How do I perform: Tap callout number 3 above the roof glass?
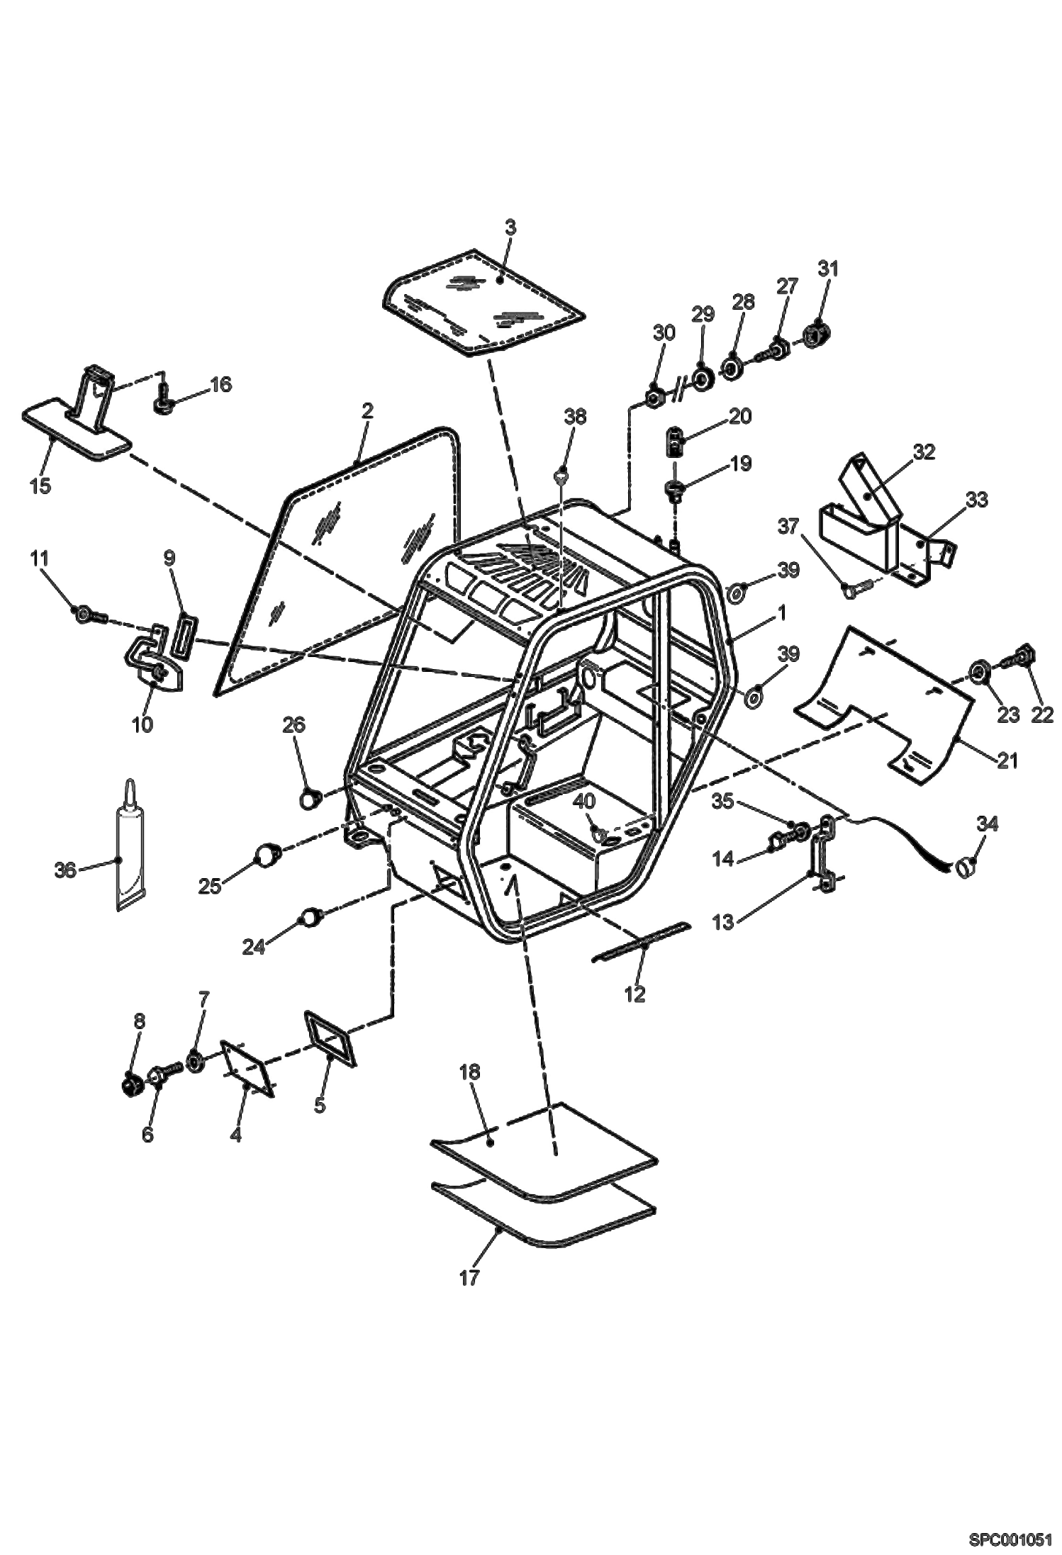pos(510,228)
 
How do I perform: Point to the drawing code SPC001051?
pos(1010,1539)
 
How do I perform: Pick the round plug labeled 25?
pos(267,855)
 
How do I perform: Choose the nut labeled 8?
pos(130,1084)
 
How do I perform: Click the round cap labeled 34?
pos(966,866)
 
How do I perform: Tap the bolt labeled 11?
pos(89,612)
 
